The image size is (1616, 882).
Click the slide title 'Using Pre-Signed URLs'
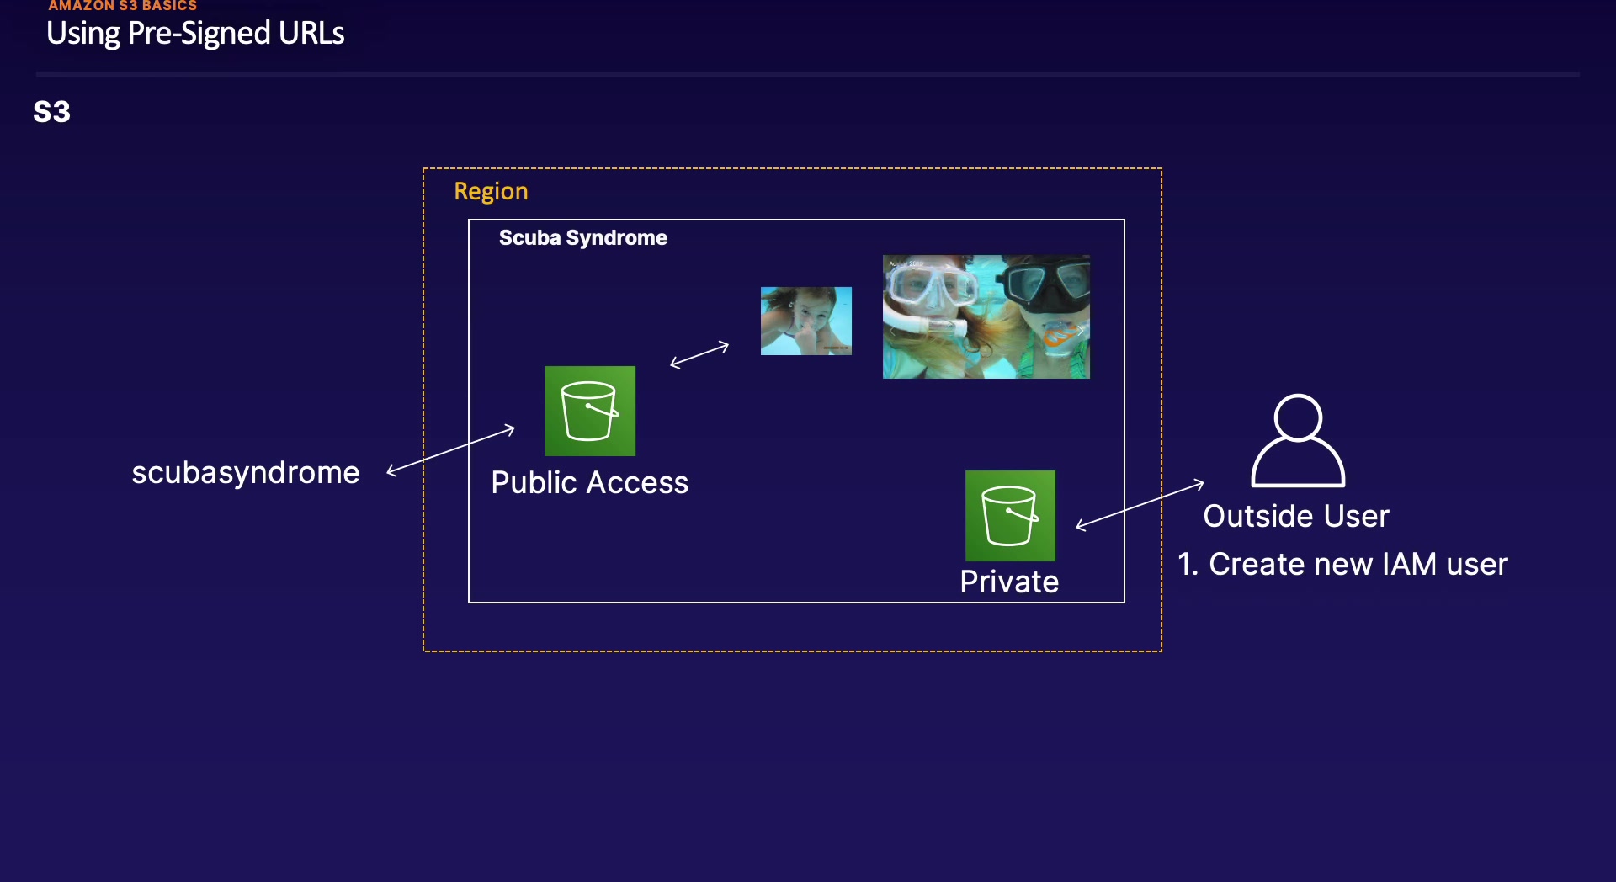coord(195,34)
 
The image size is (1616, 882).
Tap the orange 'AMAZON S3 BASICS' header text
coord(122,6)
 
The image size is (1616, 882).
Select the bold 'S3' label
coord(51,112)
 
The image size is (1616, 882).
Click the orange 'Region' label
coord(491,191)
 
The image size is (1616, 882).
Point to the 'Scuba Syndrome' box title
coord(582,238)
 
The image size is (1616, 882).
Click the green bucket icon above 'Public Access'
coord(590,411)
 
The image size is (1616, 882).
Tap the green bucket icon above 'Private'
coord(1010,515)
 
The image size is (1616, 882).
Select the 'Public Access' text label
coord(589,483)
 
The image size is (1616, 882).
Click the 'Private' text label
coord(1009,582)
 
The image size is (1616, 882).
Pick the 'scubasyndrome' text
coord(246,473)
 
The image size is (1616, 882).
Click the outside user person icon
coord(1298,440)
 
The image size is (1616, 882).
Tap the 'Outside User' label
coord(1296,516)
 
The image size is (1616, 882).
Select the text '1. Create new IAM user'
coord(1342,564)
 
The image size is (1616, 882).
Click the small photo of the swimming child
coord(806,321)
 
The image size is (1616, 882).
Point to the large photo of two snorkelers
coord(986,316)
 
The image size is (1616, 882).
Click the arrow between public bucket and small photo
coord(699,354)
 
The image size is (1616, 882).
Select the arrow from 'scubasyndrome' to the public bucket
coord(450,450)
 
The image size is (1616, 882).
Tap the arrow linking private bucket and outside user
coord(1140,505)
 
